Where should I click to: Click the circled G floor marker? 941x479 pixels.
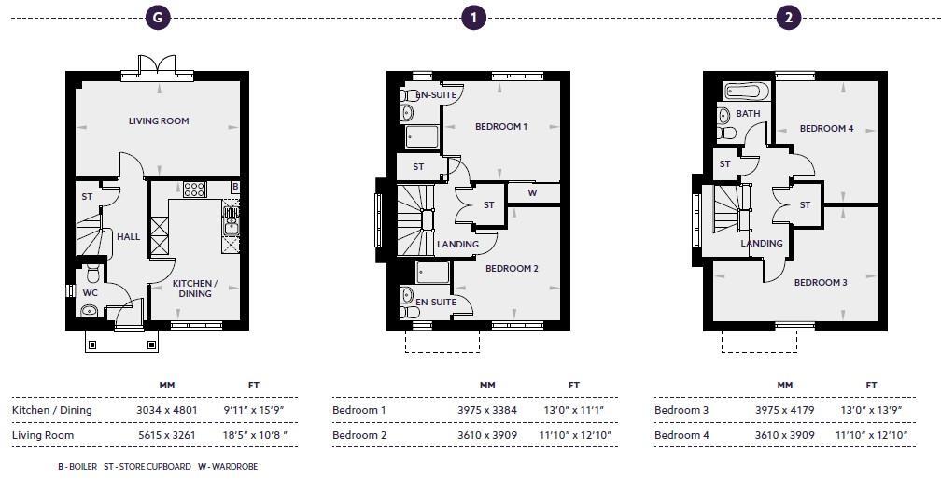click(x=160, y=17)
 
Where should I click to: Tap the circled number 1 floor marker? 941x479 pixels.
click(x=474, y=17)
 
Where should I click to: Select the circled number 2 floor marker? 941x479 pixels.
click(x=790, y=17)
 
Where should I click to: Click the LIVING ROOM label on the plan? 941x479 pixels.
click(x=159, y=121)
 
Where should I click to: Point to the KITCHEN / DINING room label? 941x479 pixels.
click(x=195, y=288)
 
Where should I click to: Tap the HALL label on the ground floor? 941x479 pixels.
click(x=128, y=237)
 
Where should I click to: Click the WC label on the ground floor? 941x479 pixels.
click(x=90, y=292)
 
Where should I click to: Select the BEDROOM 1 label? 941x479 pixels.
click(x=501, y=127)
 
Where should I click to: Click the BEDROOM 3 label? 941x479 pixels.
click(x=821, y=282)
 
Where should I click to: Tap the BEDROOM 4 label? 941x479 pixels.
click(x=826, y=129)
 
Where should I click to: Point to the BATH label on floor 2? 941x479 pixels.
click(x=748, y=114)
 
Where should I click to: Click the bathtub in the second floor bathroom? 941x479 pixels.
click(x=746, y=92)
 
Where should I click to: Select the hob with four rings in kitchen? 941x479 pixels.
click(x=194, y=190)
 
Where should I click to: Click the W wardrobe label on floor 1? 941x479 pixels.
click(x=532, y=193)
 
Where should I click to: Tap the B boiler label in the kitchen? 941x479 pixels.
click(x=235, y=188)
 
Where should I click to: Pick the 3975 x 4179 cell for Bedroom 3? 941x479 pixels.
click(x=784, y=410)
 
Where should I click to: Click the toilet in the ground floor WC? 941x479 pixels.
click(x=92, y=275)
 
